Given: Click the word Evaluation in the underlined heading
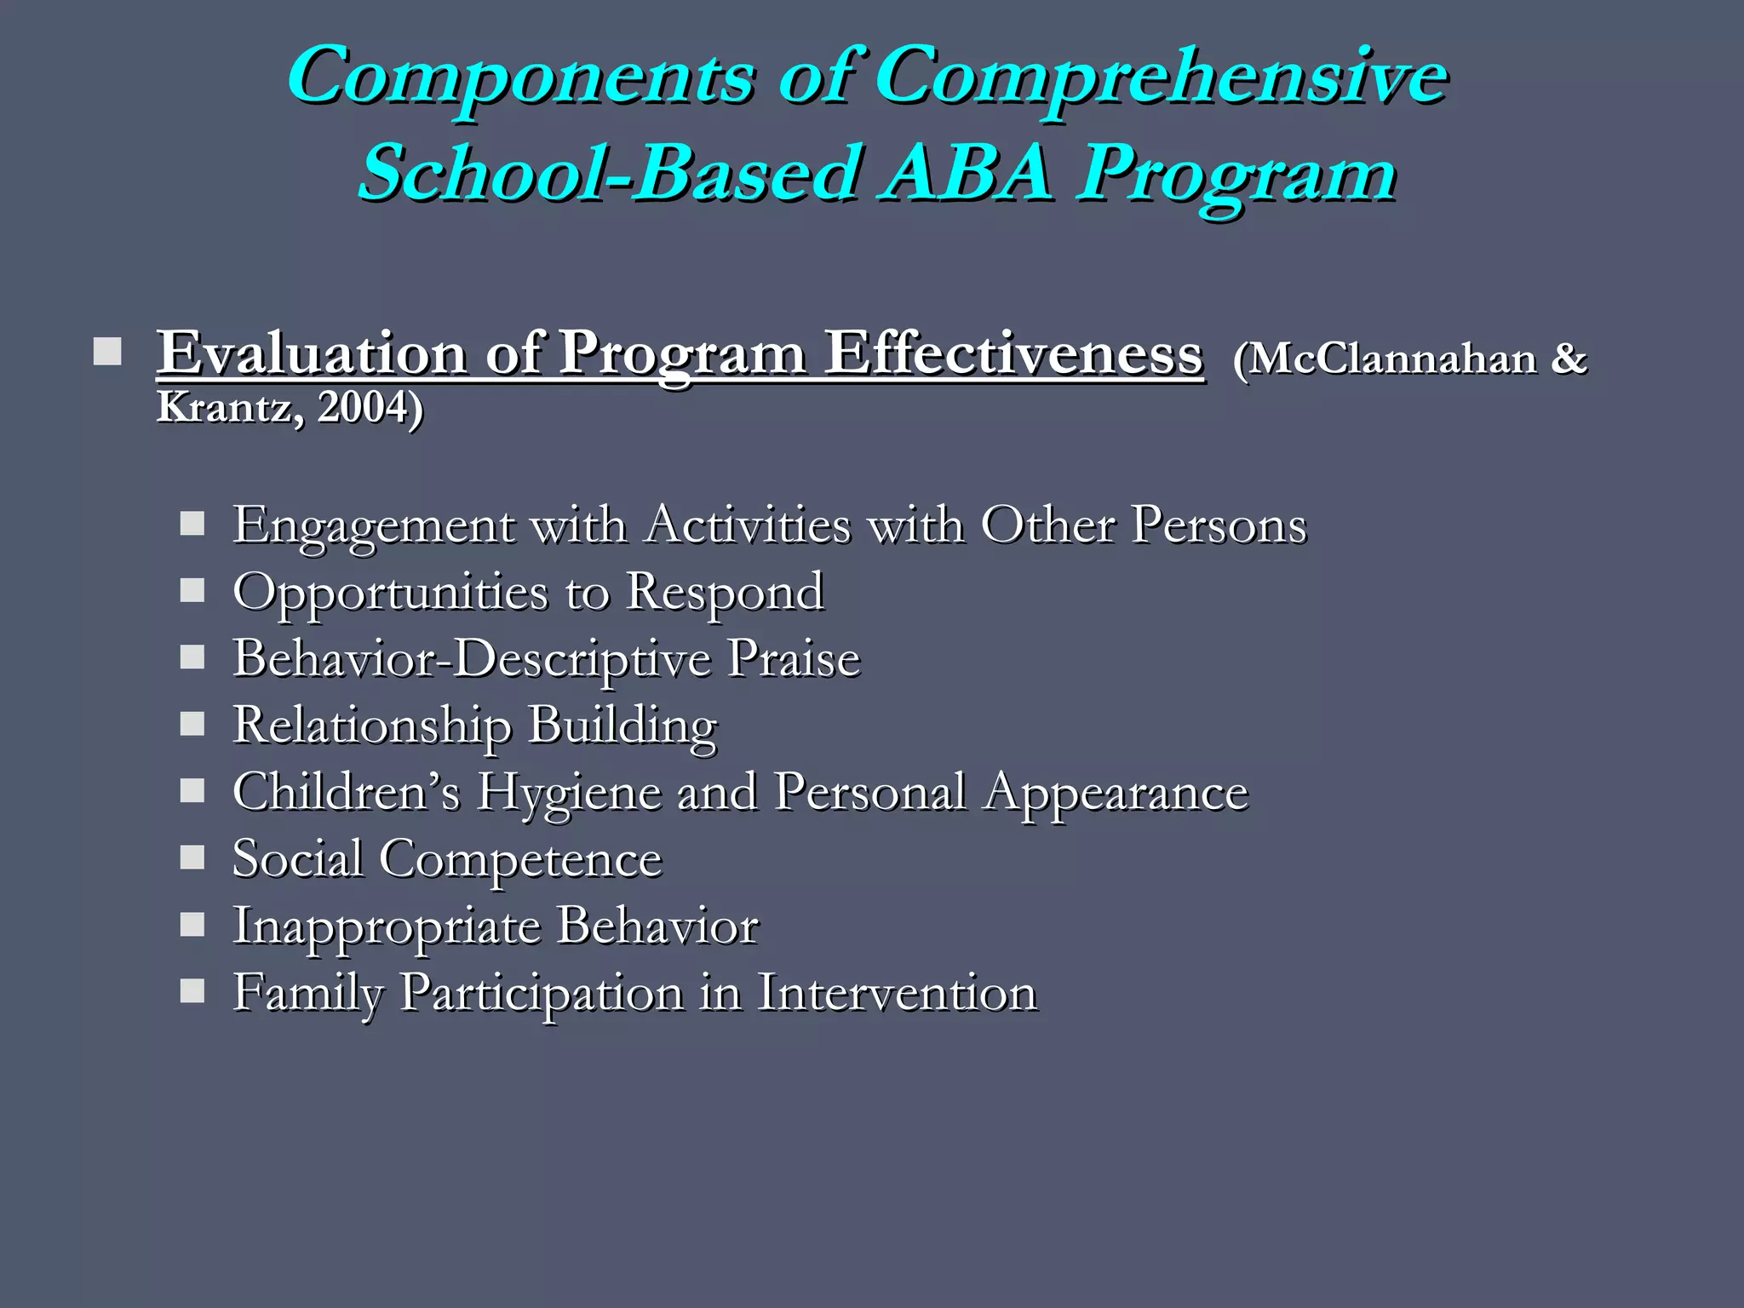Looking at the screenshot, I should click(x=312, y=353).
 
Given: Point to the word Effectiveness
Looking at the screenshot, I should click(x=1014, y=353).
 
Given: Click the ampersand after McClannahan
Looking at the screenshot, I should click(x=1569, y=358).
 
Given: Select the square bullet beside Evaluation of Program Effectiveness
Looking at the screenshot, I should click(x=107, y=352).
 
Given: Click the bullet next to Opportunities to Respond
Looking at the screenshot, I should click(x=192, y=590).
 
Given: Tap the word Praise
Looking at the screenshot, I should click(x=794, y=658).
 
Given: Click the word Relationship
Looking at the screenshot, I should click(x=372, y=726).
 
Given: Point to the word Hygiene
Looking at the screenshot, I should click(x=569, y=793).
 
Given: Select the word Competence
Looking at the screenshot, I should click(x=520, y=858).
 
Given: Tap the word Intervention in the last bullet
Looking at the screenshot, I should click(x=897, y=993).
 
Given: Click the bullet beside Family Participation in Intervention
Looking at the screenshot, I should click(x=192, y=991).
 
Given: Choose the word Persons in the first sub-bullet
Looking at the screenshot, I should click(x=1219, y=525).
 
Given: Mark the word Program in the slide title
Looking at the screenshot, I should click(x=1236, y=174).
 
